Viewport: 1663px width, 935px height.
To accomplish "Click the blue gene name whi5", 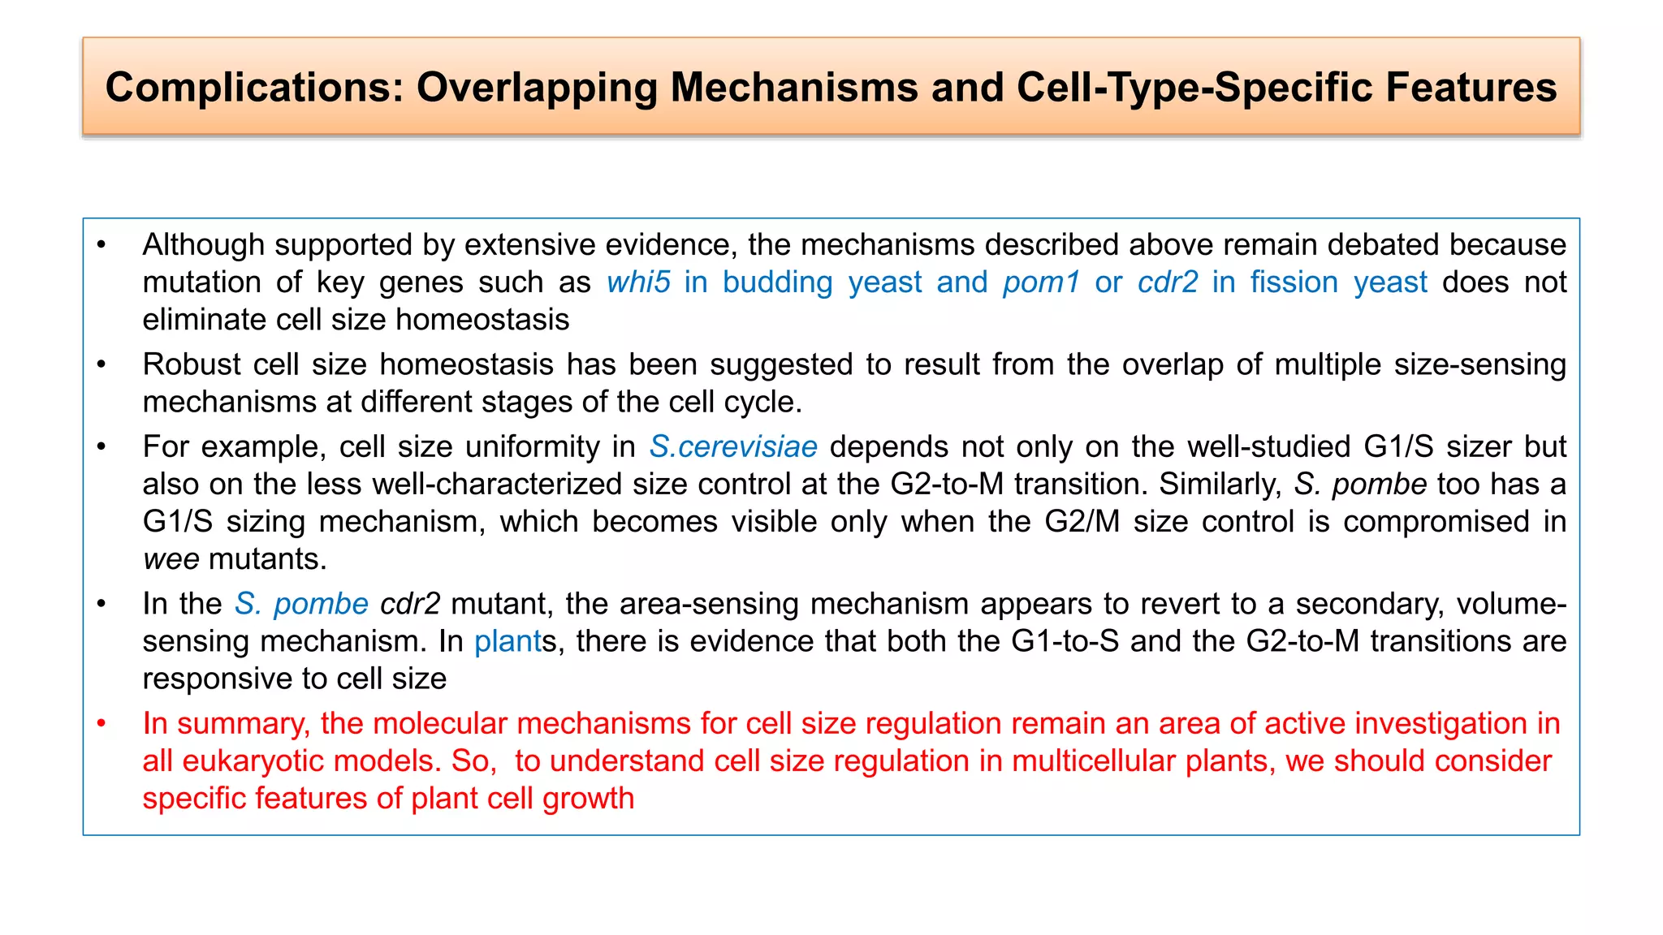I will [x=638, y=282].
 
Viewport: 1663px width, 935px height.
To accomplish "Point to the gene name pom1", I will [x=1041, y=282].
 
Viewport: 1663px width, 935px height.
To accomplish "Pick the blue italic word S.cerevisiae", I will [x=733, y=447].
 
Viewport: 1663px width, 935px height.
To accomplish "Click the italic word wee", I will [x=171, y=559].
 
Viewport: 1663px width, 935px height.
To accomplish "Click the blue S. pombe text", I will [x=301, y=604].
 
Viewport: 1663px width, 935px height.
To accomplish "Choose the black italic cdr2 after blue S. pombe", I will [x=410, y=604].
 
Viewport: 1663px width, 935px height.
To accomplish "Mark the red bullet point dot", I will [x=102, y=723].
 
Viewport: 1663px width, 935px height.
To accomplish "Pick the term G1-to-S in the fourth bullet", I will [x=1065, y=641].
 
